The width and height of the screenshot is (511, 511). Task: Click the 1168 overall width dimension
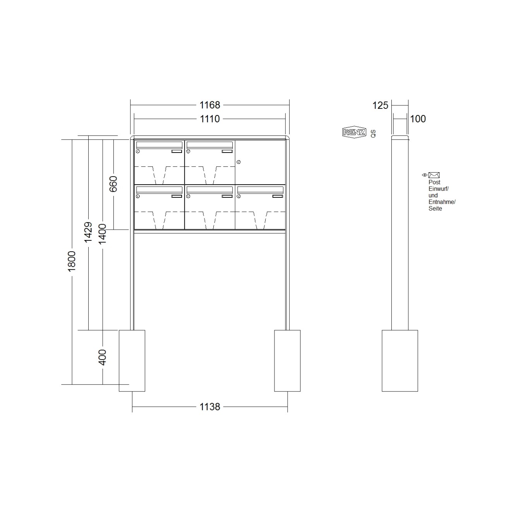point(209,105)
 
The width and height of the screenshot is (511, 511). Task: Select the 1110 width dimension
point(209,119)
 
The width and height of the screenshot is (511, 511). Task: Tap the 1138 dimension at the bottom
point(209,407)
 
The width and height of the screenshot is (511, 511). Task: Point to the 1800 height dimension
point(72,261)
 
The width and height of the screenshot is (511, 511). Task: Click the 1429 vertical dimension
point(88,232)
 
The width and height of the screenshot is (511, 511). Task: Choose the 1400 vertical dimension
point(102,234)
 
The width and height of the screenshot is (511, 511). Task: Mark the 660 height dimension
point(113,184)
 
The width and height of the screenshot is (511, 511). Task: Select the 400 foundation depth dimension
point(102,357)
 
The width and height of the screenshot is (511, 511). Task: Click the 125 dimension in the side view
point(380,105)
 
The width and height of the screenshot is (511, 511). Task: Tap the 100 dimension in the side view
point(418,119)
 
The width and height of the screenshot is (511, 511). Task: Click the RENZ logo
point(354,132)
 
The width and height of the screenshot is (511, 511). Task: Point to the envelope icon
point(434,175)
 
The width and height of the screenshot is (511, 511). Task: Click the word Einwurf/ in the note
point(438,189)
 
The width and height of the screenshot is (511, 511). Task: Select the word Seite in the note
point(435,209)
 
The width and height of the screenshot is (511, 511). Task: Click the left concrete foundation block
point(132,360)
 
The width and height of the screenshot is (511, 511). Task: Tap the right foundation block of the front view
point(287,360)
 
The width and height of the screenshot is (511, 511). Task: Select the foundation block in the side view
point(400,360)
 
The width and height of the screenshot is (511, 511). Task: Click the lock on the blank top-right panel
point(238,161)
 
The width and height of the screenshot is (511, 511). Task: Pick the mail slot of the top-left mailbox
point(158,145)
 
